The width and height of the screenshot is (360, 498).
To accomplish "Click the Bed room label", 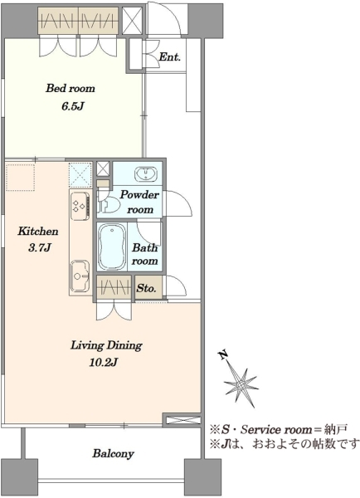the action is [71, 88].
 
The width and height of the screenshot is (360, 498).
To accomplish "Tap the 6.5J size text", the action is [72, 106].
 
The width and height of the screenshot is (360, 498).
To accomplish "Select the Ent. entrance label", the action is [169, 57].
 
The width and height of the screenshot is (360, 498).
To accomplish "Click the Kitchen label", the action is [38, 231].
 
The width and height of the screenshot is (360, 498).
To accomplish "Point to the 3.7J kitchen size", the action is [39, 247].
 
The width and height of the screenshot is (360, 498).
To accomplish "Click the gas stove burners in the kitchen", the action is [80, 206].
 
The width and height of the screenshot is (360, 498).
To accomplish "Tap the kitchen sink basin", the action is [80, 276].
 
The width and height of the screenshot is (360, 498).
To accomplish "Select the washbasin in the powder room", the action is [146, 174].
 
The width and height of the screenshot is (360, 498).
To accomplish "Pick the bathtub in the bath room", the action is [111, 247].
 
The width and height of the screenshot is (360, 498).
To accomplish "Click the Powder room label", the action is [139, 202].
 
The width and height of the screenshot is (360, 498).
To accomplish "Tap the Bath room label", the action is [145, 254].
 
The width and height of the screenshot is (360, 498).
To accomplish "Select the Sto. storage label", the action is [146, 288].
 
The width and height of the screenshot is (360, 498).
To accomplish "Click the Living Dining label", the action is [106, 345].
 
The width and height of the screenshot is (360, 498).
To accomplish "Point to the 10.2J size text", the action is [104, 363].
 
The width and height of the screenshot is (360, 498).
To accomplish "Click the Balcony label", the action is [113, 453].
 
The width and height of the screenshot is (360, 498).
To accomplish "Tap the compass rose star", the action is [241, 385].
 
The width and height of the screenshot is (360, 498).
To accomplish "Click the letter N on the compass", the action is [223, 354].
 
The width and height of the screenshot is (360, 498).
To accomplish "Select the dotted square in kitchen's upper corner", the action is [20, 178].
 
